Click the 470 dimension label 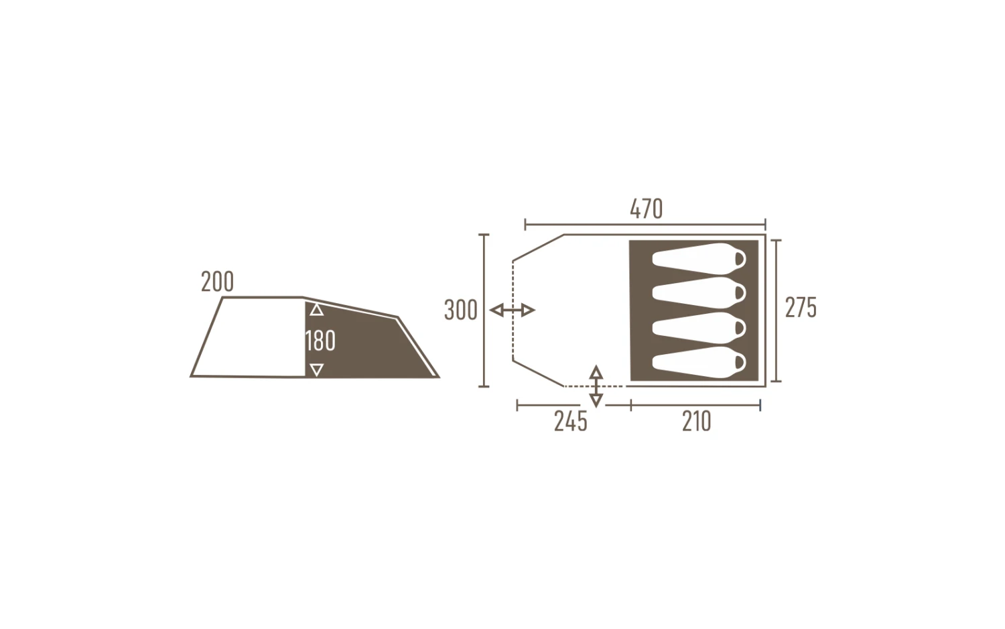click(646, 209)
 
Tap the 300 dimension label click(461, 310)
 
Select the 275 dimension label click(801, 308)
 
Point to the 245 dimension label click(571, 422)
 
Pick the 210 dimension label click(696, 422)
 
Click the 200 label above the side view click(217, 282)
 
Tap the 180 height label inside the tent click(320, 341)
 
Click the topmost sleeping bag click(699, 259)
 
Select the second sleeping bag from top click(699, 293)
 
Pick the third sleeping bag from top click(699, 328)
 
